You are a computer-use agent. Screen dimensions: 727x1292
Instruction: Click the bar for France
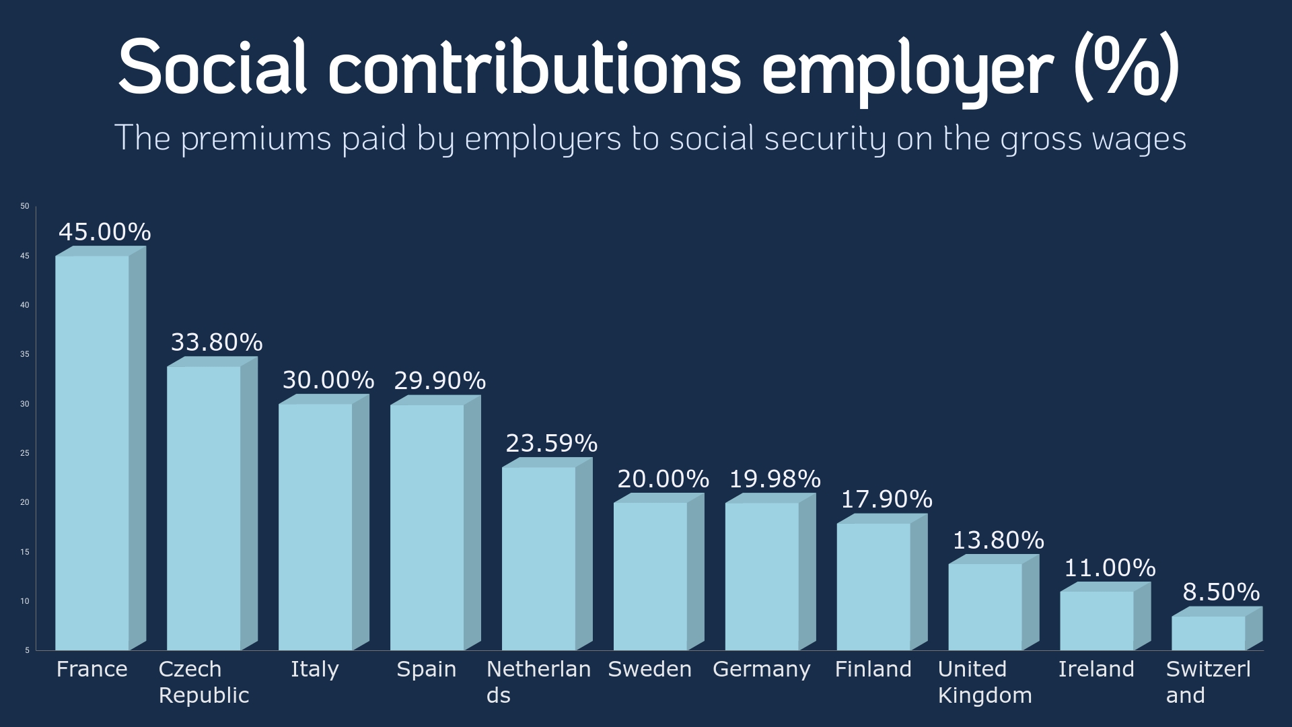coord(92,452)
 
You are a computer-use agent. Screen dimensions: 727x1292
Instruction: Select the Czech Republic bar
coord(204,508)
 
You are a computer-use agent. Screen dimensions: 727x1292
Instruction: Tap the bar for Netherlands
coord(539,559)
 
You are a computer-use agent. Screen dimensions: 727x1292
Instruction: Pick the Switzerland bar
coord(1209,633)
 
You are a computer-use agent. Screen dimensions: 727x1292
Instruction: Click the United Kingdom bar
coord(985,607)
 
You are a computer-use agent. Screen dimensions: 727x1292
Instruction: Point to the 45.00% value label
coord(105,232)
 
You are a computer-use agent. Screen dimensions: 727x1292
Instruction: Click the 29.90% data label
coord(440,381)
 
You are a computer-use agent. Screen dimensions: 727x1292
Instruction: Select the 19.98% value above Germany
coord(775,479)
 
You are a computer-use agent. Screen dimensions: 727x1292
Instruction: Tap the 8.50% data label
coord(1221,592)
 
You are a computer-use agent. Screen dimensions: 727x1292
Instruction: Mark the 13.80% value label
coord(999,541)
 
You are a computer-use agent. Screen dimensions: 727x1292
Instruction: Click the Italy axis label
coord(315,669)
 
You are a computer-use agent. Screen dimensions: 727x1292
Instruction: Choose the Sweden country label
coord(650,669)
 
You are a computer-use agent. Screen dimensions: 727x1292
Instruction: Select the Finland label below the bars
coord(873,669)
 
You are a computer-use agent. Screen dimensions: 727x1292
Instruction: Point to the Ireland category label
coord(1096,669)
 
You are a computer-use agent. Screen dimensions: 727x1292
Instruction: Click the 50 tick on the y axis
coord(25,206)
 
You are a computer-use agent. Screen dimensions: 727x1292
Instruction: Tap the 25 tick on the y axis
coord(25,453)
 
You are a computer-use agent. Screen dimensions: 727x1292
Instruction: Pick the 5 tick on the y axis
coord(28,650)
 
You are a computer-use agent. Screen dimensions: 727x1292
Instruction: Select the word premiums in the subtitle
coord(256,139)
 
